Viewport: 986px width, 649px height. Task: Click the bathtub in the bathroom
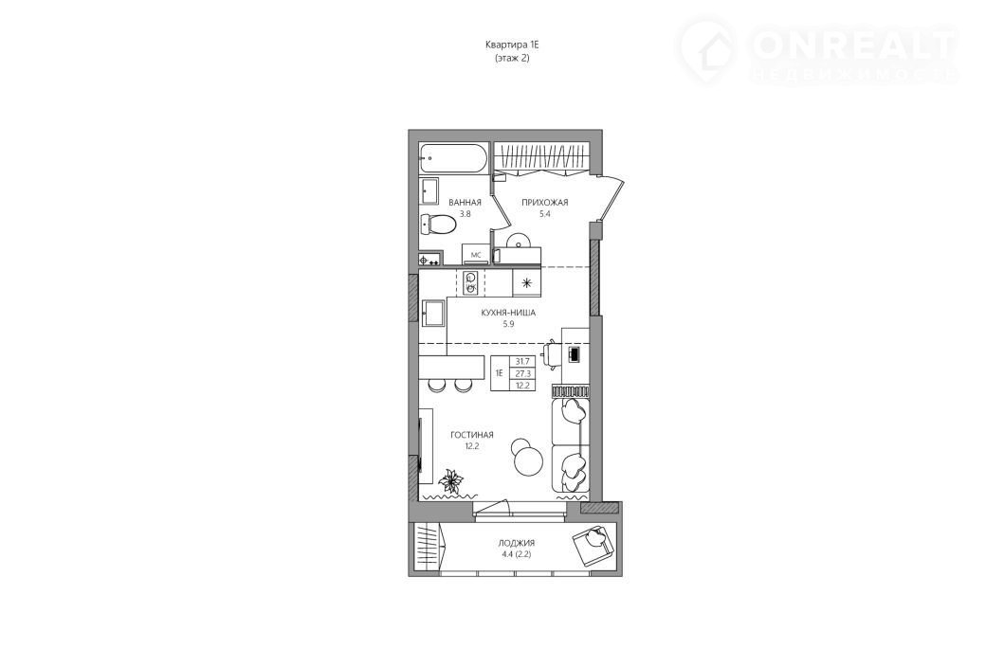(453, 159)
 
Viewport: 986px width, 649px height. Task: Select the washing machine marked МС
(475, 255)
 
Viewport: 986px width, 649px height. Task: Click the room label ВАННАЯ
(465, 203)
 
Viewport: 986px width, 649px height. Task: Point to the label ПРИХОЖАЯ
(544, 203)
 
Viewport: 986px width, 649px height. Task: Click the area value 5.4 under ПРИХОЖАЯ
(544, 213)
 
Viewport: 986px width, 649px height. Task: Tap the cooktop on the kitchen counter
(470, 282)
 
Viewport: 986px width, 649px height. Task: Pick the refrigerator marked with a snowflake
(526, 282)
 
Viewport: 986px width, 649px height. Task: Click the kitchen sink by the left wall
(433, 313)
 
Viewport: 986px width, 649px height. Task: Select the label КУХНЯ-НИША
(508, 313)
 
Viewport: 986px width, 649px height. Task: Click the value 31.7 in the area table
(522, 361)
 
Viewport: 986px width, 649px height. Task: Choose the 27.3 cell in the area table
(522, 373)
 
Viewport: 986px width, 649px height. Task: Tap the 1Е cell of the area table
(500, 372)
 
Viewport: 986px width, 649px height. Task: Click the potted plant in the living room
(450, 482)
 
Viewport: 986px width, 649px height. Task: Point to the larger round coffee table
(528, 462)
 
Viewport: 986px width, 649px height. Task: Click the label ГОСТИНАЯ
(471, 435)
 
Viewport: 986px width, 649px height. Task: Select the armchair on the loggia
(593, 543)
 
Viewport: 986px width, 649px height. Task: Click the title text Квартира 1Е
(513, 45)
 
